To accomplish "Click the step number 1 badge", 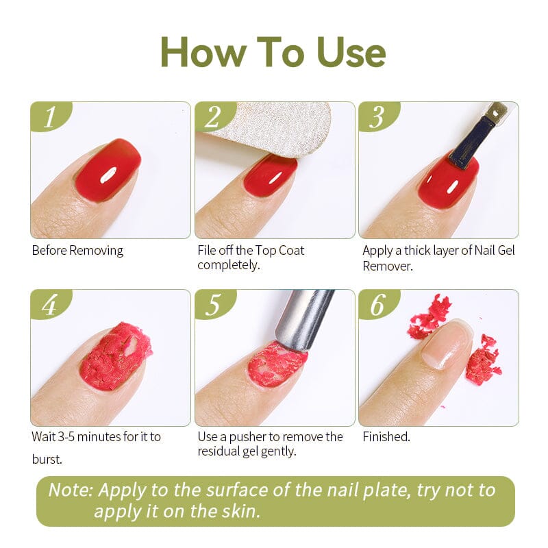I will (x=49, y=117).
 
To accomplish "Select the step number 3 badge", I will (x=377, y=117).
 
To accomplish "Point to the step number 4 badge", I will (x=49, y=305).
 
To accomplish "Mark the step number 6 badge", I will (x=377, y=305).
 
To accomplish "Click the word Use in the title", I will (x=351, y=52).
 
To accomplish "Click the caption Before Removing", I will (x=77, y=250).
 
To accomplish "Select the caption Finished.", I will (x=386, y=436).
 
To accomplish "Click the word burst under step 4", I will (x=47, y=459).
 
